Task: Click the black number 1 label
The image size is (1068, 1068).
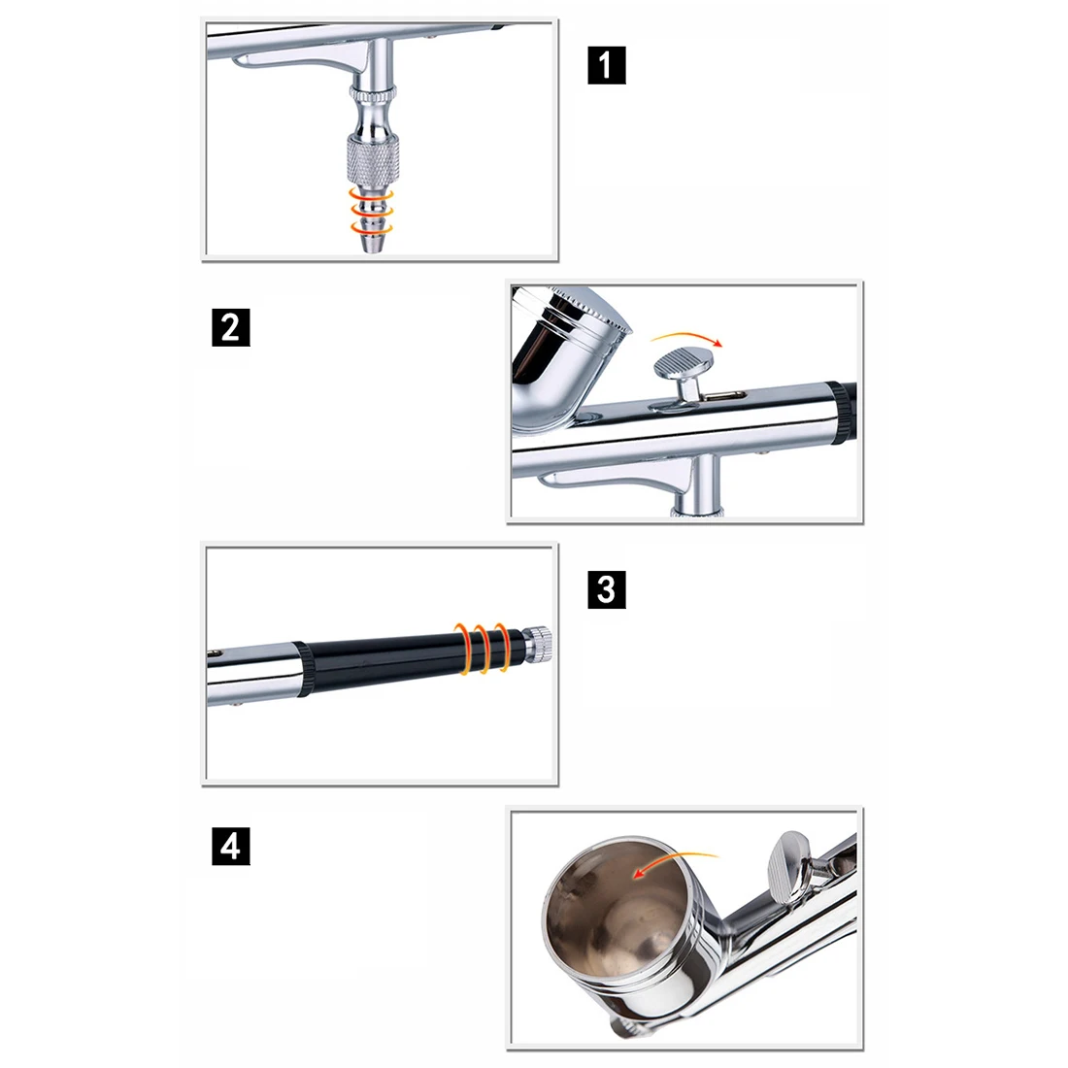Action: tap(606, 65)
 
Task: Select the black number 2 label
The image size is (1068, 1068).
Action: tap(231, 327)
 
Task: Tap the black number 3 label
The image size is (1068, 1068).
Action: tap(606, 589)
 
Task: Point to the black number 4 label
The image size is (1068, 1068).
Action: tap(231, 847)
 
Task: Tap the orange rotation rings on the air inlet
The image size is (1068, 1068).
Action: tap(372, 212)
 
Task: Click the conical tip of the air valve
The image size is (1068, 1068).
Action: tap(372, 243)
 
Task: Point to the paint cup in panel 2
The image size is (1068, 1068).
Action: tap(565, 357)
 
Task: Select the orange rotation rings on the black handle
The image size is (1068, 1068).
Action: tap(483, 648)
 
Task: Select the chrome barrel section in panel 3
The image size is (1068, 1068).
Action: tap(252, 676)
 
